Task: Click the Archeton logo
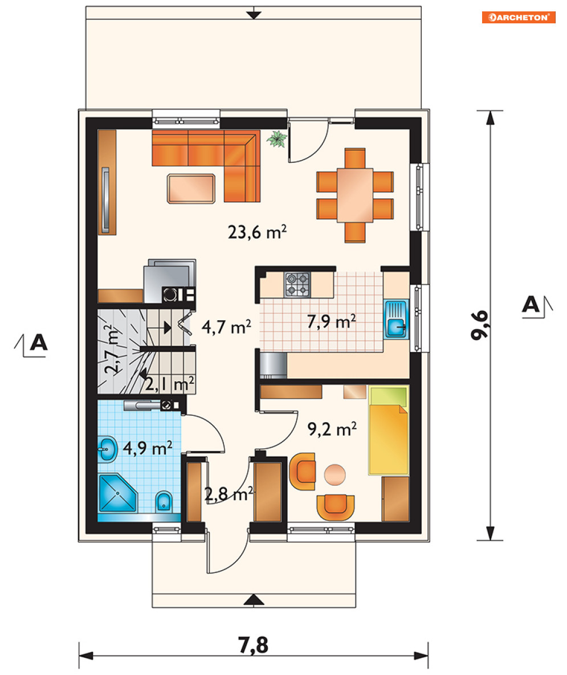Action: (x=519, y=17)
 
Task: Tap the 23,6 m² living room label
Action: (x=257, y=232)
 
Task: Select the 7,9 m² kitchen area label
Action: (x=331, y=321)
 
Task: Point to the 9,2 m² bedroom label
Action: (x=332, y=429)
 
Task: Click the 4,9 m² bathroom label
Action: (x=148, y=448)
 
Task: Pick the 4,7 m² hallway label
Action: (x=226, y=327)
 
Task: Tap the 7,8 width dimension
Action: (x=253, y=645)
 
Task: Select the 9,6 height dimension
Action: (x=480, y=325)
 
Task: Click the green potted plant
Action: (x=277, y=139)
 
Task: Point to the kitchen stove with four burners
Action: (x=297, y=285)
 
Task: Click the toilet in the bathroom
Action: (x=164, y=501)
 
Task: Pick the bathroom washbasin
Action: (x=107, y=449)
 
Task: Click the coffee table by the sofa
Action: (x=191, y=189)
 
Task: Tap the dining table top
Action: (x=355, y=195)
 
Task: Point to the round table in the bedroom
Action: (x=335, y=475)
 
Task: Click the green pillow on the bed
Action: (x=388, y=396)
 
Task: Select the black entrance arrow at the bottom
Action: (x=254, y=600)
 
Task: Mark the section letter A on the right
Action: (x=531, y=304)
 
